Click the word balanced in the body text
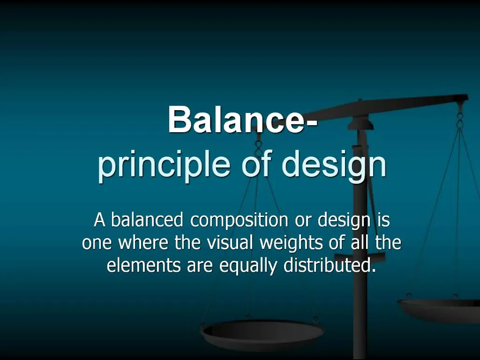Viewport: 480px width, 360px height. [x=146, y=219]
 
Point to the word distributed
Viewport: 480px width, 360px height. [x=330, y=266]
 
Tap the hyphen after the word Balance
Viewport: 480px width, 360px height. [x=311, y=123]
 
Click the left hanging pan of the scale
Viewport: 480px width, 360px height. [x=262, y=333]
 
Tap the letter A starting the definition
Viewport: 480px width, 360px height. [x=99, y=219]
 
